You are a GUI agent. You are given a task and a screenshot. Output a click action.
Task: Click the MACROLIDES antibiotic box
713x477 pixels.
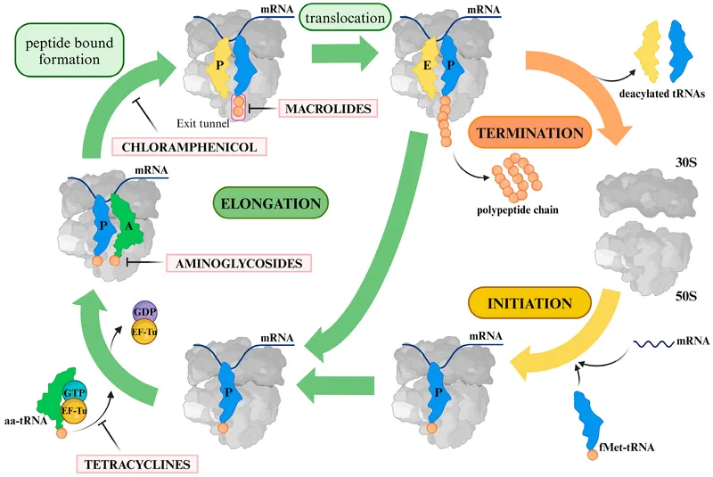pos(327,109)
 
